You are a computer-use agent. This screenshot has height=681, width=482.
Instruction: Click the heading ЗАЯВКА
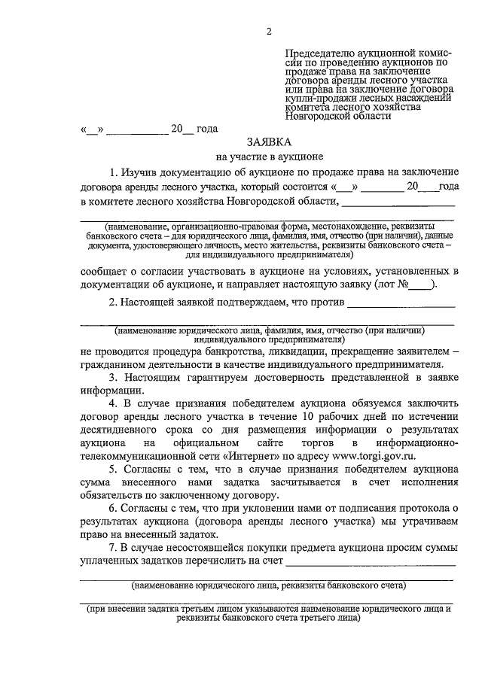(268, 143)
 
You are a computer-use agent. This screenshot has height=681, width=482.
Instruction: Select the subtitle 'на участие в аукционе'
(268, 158)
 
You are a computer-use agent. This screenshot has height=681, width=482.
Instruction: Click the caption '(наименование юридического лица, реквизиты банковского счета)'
(268, 585)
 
